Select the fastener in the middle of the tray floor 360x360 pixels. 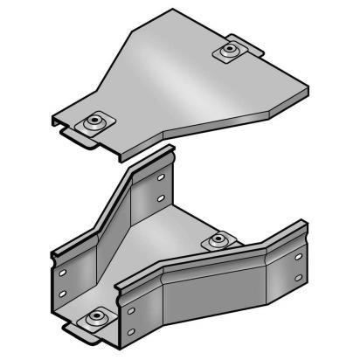[x=218, y=240]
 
